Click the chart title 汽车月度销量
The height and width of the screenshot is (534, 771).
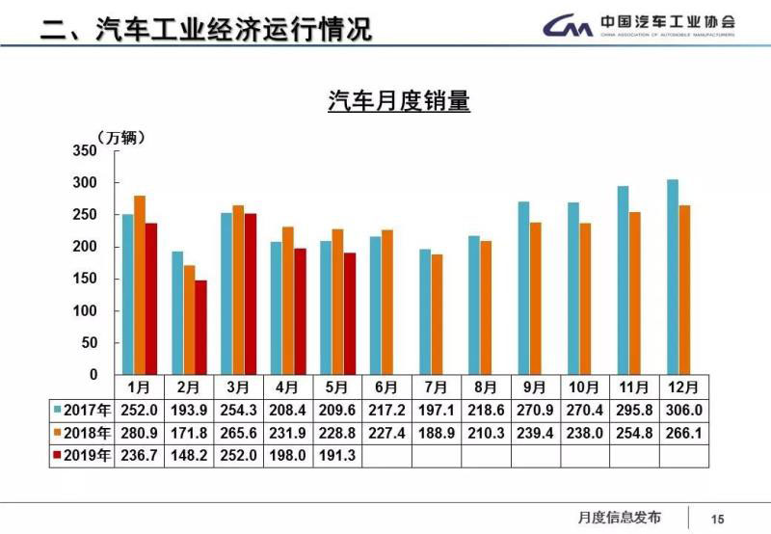398,102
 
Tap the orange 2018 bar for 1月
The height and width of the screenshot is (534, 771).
140,284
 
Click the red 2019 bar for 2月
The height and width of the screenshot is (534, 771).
200,327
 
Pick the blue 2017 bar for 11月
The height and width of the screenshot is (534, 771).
624,280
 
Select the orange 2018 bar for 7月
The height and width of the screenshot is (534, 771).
438,314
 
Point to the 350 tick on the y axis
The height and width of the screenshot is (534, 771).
85,151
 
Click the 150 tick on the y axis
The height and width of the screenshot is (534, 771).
85,279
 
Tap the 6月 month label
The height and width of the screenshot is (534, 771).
386,387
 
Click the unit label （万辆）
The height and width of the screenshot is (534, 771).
120,138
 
